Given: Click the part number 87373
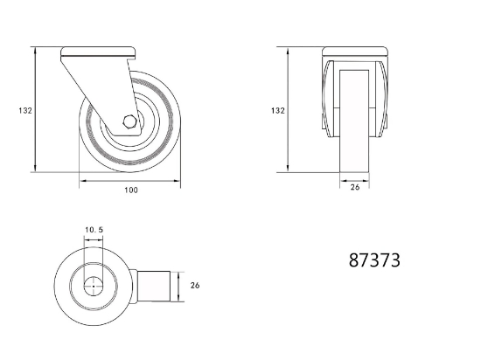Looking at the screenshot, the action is click(374, 260).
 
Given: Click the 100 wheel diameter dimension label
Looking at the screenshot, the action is click(131, 190).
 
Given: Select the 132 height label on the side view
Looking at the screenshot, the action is click(25, 110).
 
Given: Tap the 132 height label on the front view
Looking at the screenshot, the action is click(278, 110).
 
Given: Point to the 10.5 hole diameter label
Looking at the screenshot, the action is click(94, 230).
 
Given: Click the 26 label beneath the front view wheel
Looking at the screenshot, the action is click(354, 187).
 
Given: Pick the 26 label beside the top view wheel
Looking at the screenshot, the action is click(195, 285).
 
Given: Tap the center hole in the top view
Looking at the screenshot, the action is click(94, 287).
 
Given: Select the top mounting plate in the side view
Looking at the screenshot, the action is click(99, 52).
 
